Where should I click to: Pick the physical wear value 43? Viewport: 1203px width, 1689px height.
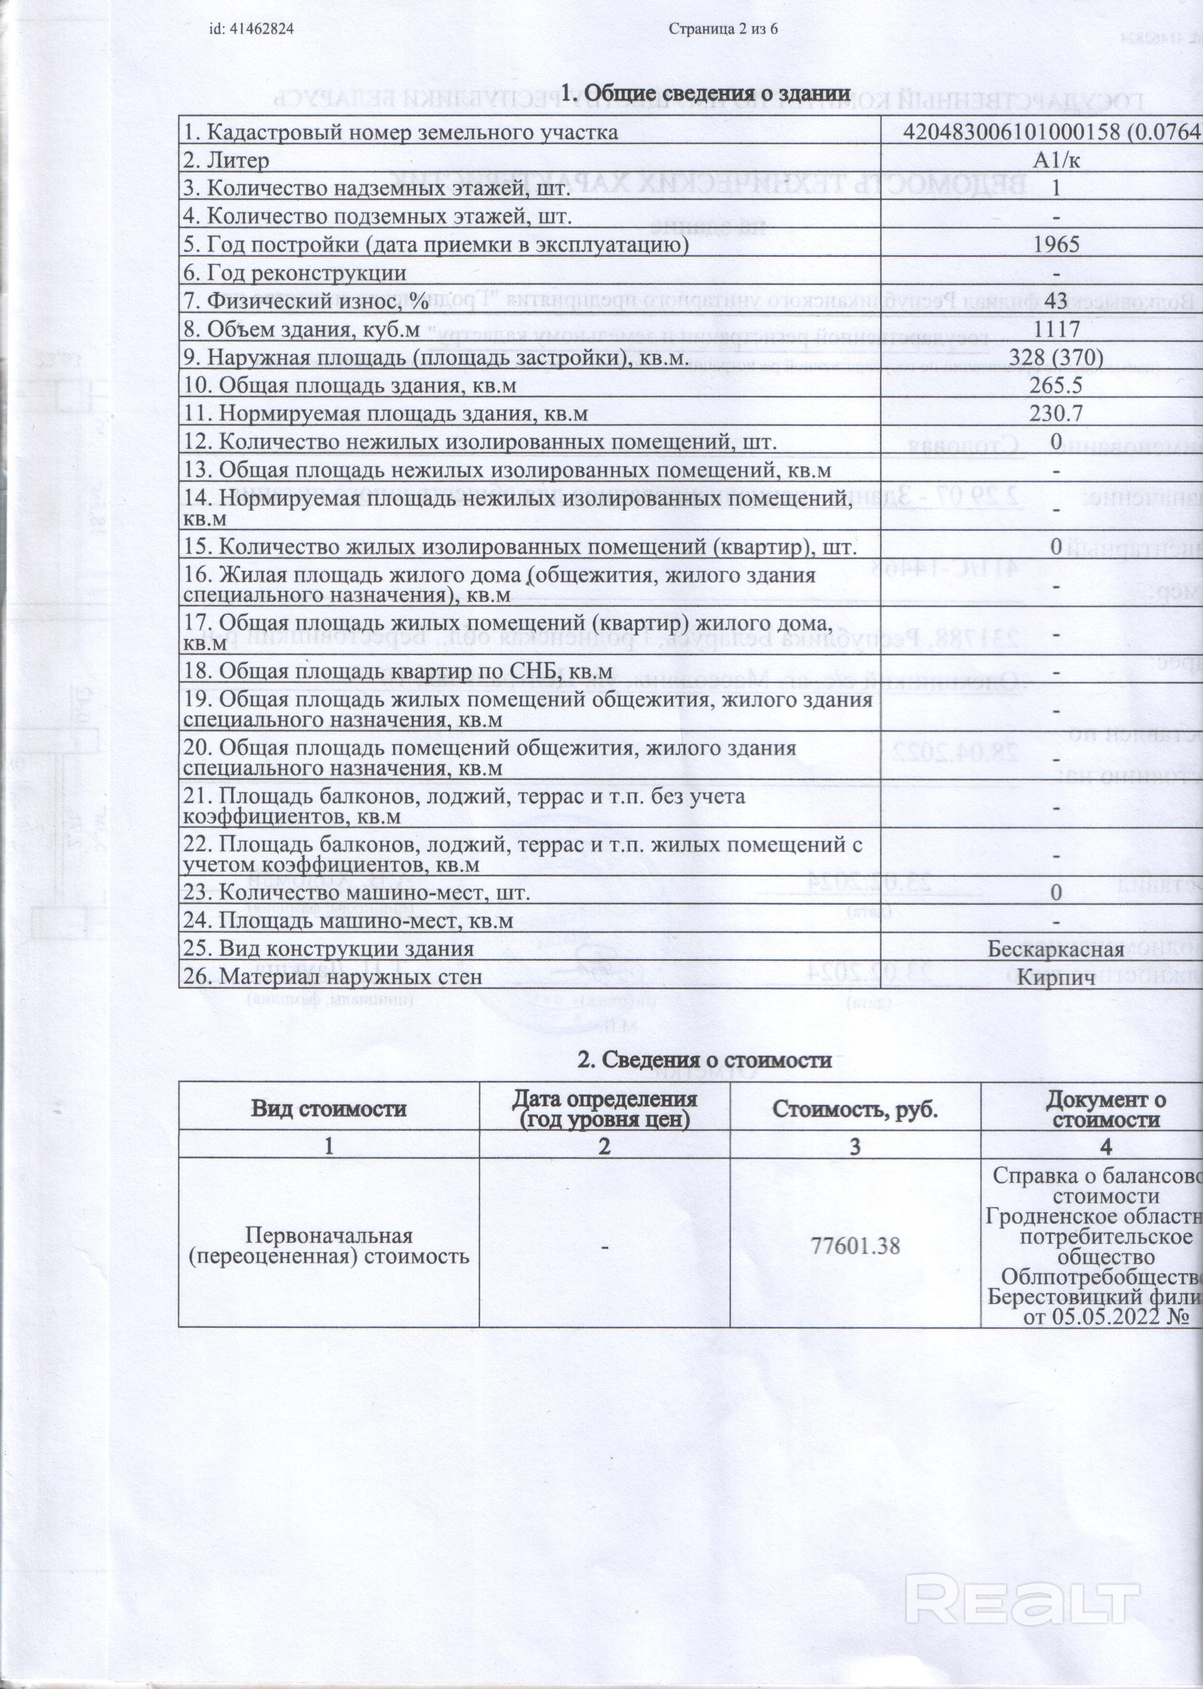1056,301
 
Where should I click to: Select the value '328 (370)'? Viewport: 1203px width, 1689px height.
1056,357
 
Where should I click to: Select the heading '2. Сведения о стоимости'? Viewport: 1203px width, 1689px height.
705,1060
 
